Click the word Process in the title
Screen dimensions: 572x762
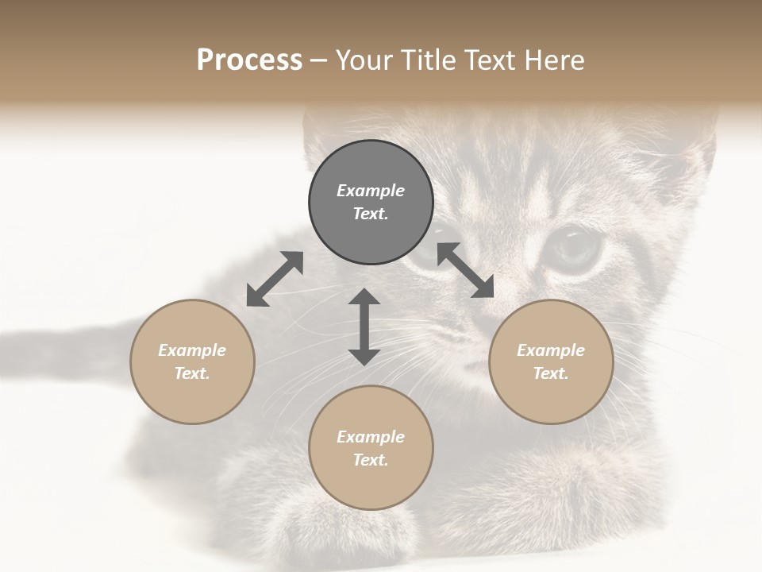pos(249,60)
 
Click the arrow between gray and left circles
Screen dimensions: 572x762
pos(275,279)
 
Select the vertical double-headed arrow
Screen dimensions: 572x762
pos(364,327)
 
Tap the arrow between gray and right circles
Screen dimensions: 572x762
pos(465,270)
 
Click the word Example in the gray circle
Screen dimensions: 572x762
pos(371,191)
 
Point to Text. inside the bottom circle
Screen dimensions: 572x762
pos(371,460)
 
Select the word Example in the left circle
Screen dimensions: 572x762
pos(192,350)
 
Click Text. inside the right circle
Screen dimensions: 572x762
pos(551,373)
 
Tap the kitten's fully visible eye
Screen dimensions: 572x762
pos(575,247)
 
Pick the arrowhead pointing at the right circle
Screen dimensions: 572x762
pos(483,288)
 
